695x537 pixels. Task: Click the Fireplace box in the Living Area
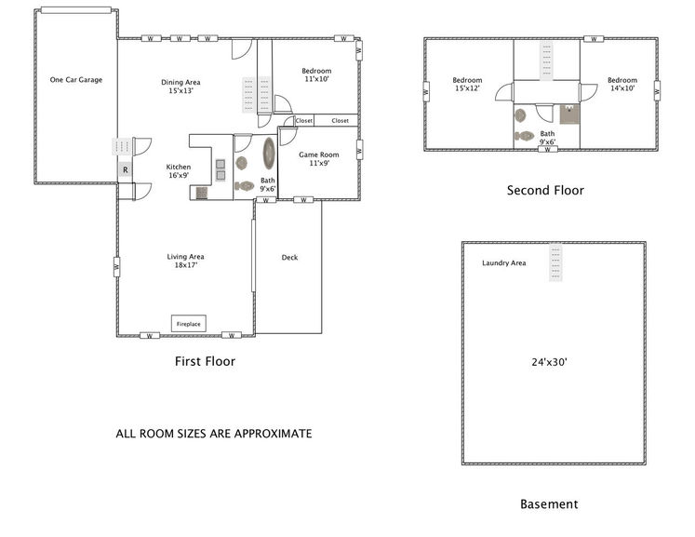point(189,324)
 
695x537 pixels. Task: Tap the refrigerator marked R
point(126,169)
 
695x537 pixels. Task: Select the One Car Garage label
point(76,80)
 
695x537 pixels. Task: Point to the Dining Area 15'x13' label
point(180,87)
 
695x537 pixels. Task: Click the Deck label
point(290,257)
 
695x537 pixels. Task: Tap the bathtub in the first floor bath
point(269,154)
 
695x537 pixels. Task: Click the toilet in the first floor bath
point(244,186)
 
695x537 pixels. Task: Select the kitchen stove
point(202,193)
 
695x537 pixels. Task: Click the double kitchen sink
point(221,169)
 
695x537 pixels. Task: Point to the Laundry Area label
point(504,263)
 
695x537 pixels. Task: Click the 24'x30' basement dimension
point(550,362)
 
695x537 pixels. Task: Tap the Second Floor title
point(545,190)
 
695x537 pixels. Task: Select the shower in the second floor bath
point(569,114)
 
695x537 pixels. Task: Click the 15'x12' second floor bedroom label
point(468,85)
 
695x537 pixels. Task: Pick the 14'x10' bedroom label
point(622,85)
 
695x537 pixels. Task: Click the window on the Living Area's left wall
point(117,267)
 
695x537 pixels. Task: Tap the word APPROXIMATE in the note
point(273,434)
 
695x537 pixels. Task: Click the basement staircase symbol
point(555,262)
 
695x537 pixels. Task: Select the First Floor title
point(206,361)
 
